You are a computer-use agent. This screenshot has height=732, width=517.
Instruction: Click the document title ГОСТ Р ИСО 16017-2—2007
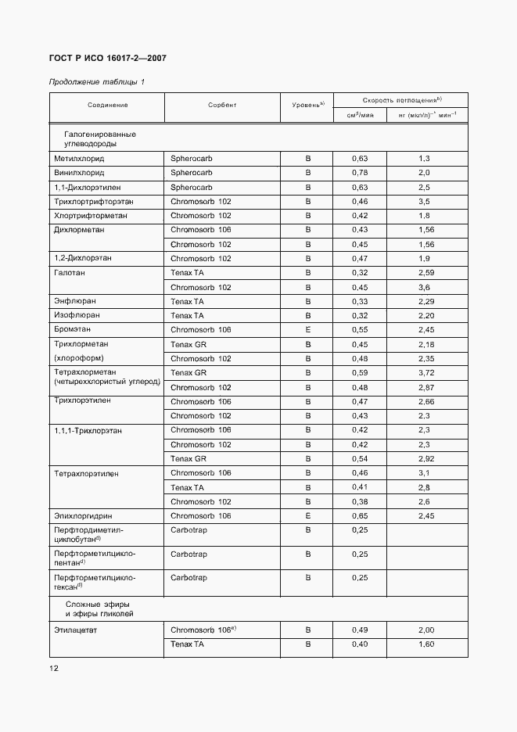point(108,59)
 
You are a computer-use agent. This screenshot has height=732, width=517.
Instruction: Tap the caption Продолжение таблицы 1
point(97,82)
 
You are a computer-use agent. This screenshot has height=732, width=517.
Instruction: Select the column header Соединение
point(108,105)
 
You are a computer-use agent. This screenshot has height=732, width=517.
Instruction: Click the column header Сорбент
point(222,105)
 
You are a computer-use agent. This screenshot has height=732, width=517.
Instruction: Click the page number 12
point(54,668)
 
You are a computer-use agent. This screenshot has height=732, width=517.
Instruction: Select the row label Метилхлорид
point(78,158)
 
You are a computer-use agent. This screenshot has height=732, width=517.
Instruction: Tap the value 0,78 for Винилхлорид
point(360,172)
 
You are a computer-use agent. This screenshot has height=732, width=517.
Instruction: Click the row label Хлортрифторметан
point(90,215)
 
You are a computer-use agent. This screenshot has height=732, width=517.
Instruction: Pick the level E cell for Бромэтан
point(307,330)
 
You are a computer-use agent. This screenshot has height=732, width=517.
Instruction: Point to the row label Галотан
point(70,273)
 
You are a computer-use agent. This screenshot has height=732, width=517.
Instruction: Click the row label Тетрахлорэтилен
point(86,473)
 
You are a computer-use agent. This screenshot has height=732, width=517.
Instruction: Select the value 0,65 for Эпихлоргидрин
point(360,516)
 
